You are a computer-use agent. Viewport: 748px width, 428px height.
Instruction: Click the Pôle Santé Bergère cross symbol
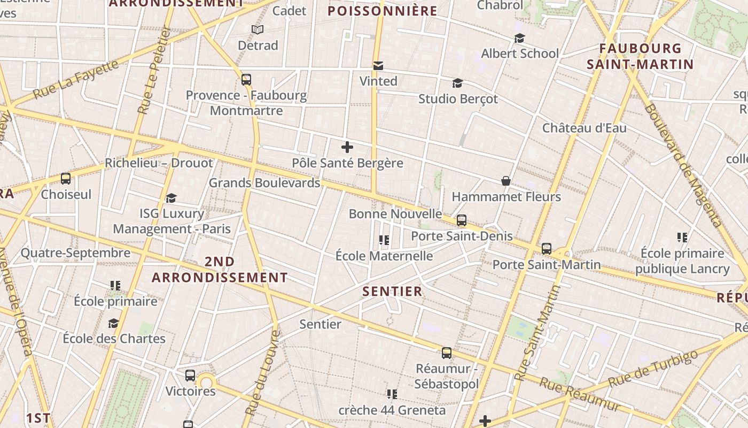tap(347, 147)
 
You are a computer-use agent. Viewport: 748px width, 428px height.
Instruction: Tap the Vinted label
tap(378, 81)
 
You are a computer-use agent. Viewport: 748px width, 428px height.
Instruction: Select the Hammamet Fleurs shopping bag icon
tap(505, 181)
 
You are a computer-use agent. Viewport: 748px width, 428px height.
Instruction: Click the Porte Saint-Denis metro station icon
tap(461, 220)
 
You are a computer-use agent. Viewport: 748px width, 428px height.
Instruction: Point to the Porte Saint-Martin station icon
tap(546, 249)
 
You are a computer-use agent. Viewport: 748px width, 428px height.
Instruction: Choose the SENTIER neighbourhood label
tap(393, 292)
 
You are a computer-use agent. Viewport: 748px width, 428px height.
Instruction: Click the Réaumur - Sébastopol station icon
tap(446, 353)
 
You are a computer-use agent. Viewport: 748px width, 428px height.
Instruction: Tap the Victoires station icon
tap(190, 376)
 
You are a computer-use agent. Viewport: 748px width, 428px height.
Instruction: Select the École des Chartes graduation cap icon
tap(113, 323)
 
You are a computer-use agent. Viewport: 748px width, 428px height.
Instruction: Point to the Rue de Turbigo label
tap(653, 369)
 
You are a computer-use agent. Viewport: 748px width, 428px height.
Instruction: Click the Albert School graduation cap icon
tap(519, 38)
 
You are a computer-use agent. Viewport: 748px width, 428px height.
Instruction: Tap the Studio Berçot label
tap(458, 99)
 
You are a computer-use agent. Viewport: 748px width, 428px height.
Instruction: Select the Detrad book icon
tap(258, 29)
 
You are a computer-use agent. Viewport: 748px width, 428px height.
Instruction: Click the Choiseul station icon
tap(66, 179)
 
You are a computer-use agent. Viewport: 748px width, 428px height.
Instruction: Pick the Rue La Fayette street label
tap(76, 80)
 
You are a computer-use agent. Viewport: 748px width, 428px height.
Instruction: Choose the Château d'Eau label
tap(585, 128)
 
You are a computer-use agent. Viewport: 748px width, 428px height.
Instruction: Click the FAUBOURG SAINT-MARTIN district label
tap(640, 57)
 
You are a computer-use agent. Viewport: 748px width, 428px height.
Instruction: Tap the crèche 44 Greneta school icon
tap(392, 394)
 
